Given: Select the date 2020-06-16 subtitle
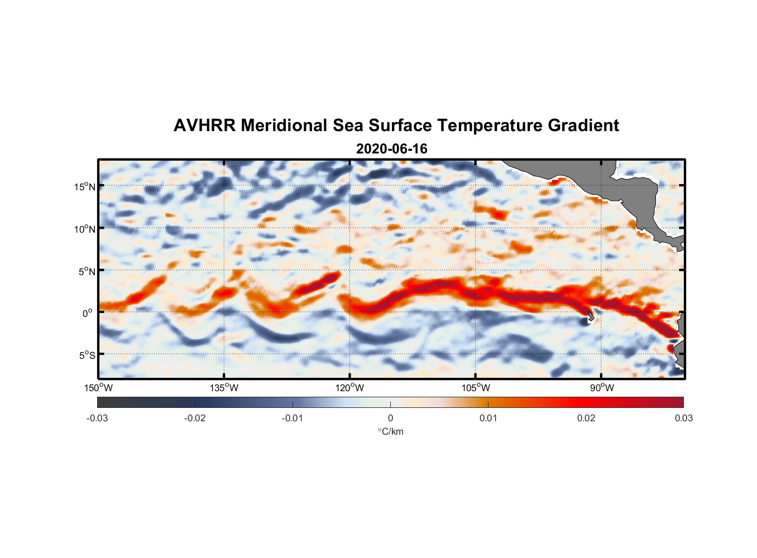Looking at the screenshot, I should tap(391, 149).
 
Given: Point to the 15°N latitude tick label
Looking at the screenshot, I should tap(84, 186).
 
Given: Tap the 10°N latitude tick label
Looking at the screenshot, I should tap(84, 229).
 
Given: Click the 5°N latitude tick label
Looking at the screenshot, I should tap(86, 271).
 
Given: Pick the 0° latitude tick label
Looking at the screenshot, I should tap(88, 313).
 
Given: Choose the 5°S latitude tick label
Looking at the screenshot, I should tap(86, 355).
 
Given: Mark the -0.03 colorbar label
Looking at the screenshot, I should tap(97, 419).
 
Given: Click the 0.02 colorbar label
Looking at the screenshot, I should tap(586, 419).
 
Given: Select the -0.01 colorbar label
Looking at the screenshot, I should tap(293, 419).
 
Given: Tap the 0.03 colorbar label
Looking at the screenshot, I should tap(683, 419).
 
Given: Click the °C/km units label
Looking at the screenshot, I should tap(391, 431).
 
